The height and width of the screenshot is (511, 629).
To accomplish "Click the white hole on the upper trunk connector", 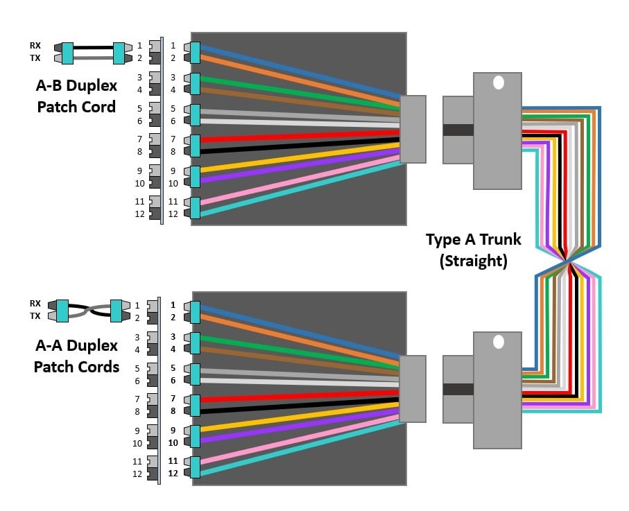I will click(498, 83).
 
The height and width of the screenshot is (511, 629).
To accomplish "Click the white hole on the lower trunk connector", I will click(498, 342).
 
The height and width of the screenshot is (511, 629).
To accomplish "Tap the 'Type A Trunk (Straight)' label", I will click(473, 250).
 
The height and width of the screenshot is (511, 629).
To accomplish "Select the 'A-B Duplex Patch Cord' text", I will click(76, 96).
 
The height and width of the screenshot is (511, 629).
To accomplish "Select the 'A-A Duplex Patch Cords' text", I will click(76, 355).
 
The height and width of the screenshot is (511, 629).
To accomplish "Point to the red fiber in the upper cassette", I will click(298, 135).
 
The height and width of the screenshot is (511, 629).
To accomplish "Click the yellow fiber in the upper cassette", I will click(298, 157).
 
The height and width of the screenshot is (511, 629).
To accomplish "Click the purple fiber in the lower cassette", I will click(298, 425).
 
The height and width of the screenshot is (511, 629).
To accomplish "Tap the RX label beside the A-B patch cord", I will click(35, 46).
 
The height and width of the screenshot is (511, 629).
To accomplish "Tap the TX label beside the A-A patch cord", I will click(35, 315).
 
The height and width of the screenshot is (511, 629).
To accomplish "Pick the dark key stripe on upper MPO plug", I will click(458, 130).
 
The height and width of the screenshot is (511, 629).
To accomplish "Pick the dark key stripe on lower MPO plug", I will click(458, 389).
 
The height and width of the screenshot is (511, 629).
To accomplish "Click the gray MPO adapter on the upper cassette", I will click(413, 130).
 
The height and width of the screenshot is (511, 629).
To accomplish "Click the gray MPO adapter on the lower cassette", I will click(413, 389).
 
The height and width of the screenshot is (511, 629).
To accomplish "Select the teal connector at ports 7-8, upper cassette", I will click(194, 145).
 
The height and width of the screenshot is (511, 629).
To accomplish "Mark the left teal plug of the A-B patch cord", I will click(67, 52).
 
